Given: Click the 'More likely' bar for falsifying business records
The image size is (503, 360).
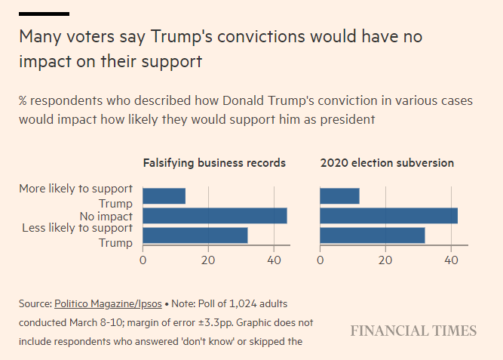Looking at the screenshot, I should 164,196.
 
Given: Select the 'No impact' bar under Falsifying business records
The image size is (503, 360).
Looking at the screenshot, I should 215,216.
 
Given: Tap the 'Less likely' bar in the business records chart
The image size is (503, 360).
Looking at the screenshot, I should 195,235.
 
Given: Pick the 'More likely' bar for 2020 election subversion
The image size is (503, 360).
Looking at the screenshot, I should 339,196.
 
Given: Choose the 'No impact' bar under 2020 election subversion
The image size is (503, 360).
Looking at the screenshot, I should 388,216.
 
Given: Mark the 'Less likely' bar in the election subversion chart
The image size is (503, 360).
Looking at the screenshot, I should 373,235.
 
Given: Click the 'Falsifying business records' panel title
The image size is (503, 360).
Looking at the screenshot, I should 214,162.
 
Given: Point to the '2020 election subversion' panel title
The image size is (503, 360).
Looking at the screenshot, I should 387,162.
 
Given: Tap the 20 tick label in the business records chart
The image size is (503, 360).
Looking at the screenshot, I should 208,260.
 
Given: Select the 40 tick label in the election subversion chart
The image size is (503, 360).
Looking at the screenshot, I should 451,260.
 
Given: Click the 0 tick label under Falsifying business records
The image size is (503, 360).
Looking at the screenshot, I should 143,260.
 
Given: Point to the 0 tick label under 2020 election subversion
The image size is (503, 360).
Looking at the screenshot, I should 321,260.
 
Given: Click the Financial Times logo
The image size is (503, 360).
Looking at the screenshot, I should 413,331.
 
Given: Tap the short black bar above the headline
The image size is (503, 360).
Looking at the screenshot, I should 44,14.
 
